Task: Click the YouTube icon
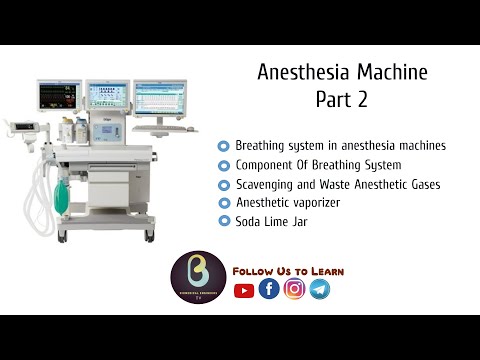pyautogui.click(x=244, y=290)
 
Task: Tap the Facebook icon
pyautogui.click(x=269, y=289)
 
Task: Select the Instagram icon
pyautogui.click(x=294, y=289)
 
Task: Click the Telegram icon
pyautogui.click(x=319, y=289)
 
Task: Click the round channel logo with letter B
pyautogui.click(x=197, y=278)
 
